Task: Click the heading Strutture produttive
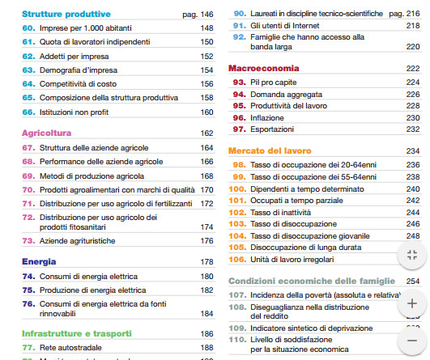pos(66,14)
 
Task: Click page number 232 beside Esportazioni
pos(412,129)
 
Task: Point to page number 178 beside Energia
pos(206,262)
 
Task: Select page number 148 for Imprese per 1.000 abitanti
pos(206,28)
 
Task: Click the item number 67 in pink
pos(29,148)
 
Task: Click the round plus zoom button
pos(412,304)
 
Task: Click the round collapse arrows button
pos(412,254)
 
